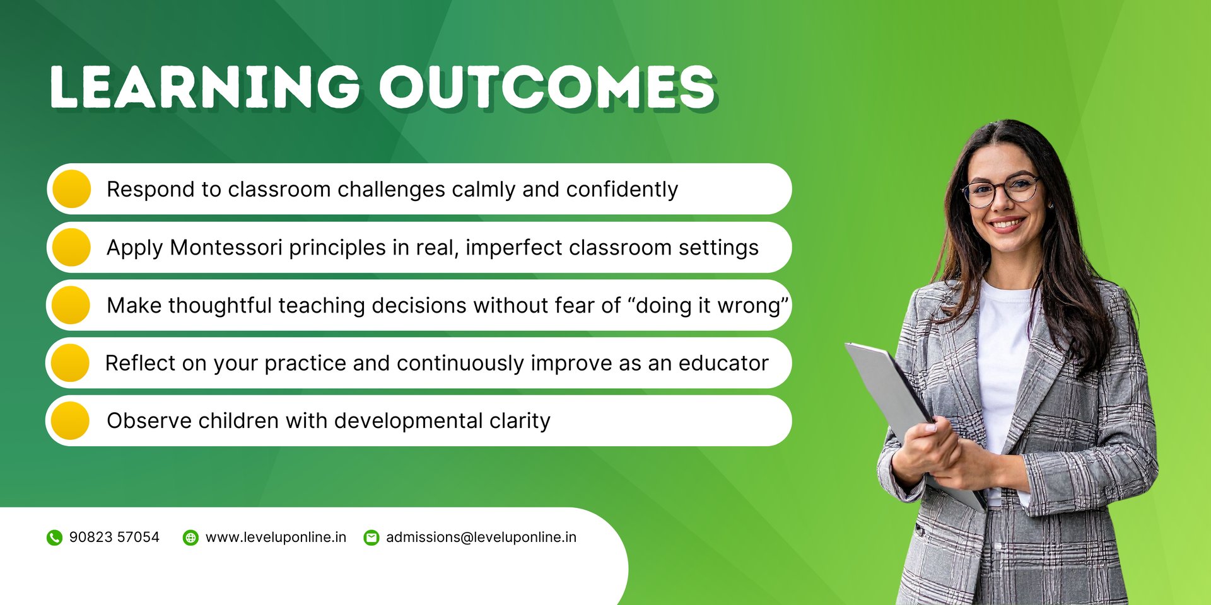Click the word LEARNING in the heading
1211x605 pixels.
point(206,86)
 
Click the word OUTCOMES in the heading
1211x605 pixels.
point(547,86)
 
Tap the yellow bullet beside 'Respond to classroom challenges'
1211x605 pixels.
point(72,189)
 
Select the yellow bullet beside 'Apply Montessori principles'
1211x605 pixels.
point(72,247)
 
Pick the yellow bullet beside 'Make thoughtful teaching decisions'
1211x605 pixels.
point(71,305)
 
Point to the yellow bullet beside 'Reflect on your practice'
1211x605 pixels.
point(70,363)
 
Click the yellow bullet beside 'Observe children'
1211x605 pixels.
point(70,420)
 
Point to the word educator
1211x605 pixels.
point(723,363)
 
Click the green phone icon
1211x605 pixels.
point(54,538)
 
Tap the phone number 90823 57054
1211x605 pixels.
point(114,537)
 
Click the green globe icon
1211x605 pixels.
point(190,538)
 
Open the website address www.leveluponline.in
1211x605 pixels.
point(276,537)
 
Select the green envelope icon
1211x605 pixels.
point(371,538)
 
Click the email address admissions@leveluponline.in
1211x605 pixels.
point(481,537)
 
